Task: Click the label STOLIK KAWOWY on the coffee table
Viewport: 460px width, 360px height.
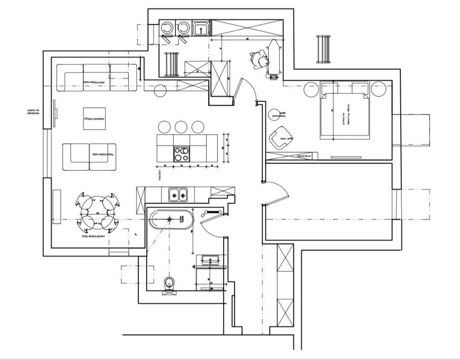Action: (x=95, y=120)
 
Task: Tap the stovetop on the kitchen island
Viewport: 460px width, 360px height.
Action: (x=181, y=154)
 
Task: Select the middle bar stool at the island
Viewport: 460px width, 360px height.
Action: (x=181, y=127)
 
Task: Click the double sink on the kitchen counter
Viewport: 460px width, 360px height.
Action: (x=178, y=195)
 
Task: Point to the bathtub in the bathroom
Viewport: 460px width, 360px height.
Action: (x=171, y=220)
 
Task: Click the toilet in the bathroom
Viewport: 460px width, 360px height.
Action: (x=170, y=284)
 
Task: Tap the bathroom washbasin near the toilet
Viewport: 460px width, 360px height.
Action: (x=209, y=259)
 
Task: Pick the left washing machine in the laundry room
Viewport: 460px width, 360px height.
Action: (x=166, y=28)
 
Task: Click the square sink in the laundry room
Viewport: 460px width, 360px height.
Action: (x=201, y=29)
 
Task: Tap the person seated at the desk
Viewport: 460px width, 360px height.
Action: (x=259, y=59)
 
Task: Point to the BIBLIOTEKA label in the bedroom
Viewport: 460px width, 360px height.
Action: (x=305, y=156)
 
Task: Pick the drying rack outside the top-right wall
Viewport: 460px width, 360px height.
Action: (x=324, y=49)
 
